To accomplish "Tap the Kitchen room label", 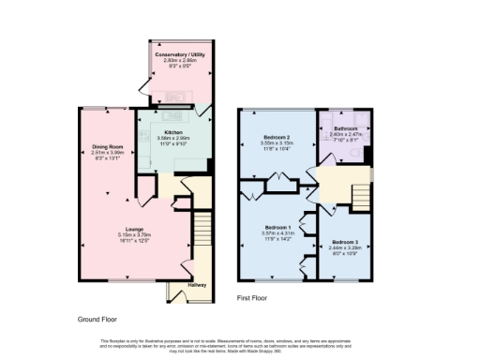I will click(x=173, y=132).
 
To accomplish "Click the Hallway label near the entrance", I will click(x=197, y=285).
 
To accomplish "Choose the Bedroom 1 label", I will click(x=278, y=228).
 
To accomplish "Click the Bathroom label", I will click(x=345, y=128).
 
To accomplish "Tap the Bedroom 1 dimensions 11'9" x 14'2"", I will click(x=278, y=239).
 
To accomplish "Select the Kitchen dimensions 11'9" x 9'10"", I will click(x=173, y=143).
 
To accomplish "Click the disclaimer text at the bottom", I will click(x=240, y=344).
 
